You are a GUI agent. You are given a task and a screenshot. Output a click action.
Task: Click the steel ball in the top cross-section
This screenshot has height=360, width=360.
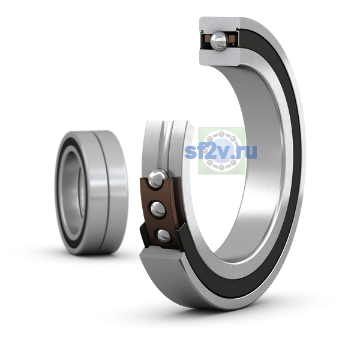[219, 41]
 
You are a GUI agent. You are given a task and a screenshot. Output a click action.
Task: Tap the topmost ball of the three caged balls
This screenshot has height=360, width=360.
[157, 178]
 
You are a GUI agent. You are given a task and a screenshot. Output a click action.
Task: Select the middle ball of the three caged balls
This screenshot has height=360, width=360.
[158, 209]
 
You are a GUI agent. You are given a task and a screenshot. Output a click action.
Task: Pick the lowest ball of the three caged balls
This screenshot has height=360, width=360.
[163, 235]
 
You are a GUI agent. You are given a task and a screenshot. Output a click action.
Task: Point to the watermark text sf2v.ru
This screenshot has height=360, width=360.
[221, 152]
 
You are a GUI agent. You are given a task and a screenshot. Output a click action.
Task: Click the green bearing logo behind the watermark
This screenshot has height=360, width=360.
[221, 151]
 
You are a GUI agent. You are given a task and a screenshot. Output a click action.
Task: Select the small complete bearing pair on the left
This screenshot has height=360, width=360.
[91, 193]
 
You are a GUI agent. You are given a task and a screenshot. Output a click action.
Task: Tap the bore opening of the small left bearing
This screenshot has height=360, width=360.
[73, 193]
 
